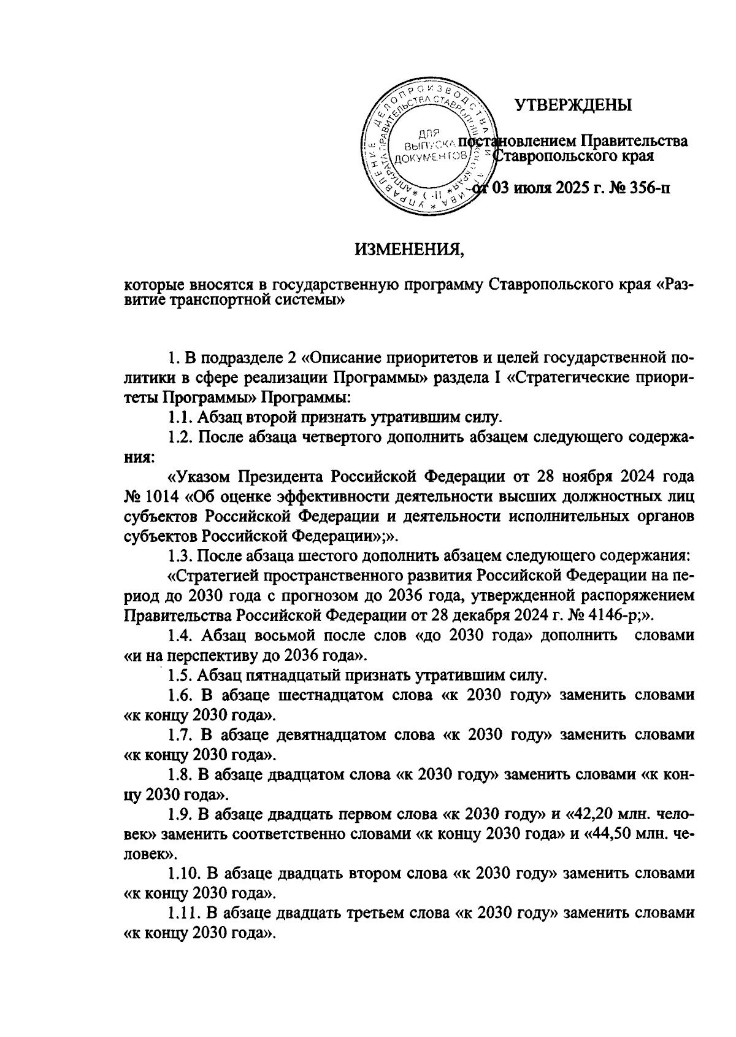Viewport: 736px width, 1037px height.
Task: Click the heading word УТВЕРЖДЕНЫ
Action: [572, 106]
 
